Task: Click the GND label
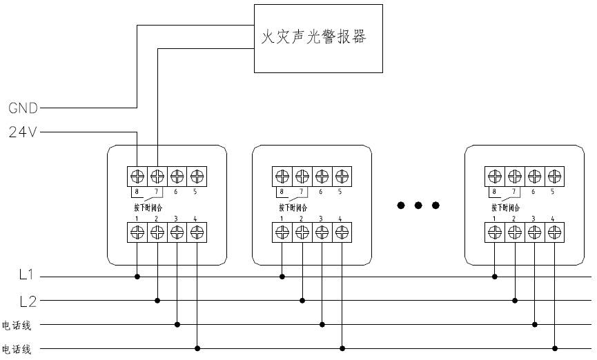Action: coord(23,108)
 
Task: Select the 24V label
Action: coord(22,131)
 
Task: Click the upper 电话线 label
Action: coord(17,325)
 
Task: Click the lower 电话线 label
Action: coord(17,349)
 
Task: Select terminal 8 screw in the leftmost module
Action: coord(137,175)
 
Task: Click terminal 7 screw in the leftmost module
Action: coord(157,175)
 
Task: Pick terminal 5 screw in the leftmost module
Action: coord(197,175)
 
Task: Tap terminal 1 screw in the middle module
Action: coord(282,232)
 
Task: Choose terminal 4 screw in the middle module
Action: coord(342,232)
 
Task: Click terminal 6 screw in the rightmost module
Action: coord(535,175)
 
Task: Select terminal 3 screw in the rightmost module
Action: coord(535,232)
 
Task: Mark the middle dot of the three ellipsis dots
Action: coord(418,205)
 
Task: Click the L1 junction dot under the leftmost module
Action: coord(137,277)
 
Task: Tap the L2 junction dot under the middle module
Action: coord(302,301)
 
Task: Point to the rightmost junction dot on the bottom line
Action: coord(555,348)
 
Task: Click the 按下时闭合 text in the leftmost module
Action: coord(148,207)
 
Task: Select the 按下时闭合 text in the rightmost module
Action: coord(505,207)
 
